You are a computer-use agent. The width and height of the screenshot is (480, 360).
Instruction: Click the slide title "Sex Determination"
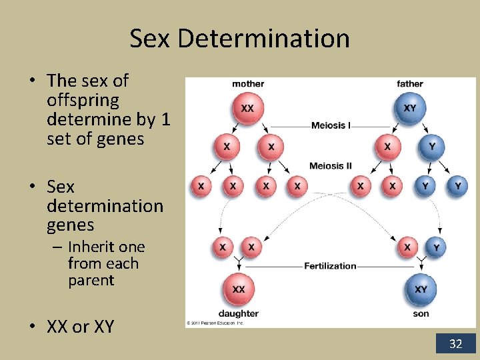click(239, 38)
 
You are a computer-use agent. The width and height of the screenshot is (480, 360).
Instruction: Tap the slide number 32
click(456, 344)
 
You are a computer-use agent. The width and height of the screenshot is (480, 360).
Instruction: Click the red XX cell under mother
click(247, 108)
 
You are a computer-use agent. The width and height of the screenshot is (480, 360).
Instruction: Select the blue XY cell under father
click(409, 108)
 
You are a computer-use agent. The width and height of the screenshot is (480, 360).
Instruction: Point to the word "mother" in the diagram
click(248, 84)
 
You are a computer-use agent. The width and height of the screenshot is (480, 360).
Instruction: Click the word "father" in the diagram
click(409, 84)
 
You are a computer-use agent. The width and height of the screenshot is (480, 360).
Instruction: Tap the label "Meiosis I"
click(331, 125)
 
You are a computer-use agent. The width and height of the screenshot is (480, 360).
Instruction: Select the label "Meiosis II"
click(331, 165)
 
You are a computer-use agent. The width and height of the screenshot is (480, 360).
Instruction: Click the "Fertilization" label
click(330, 265)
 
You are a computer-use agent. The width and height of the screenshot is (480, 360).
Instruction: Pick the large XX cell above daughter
click(239, 289)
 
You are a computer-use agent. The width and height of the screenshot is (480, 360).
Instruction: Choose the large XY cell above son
click(421, 289)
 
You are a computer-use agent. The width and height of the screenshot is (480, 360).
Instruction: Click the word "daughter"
click(238, 313)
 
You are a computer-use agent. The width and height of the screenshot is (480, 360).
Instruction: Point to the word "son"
click(421, 313)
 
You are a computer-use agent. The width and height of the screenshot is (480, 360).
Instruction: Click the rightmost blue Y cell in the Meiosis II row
click(457, 186)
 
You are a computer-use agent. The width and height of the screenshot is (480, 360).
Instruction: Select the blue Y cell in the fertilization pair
click(436, 247)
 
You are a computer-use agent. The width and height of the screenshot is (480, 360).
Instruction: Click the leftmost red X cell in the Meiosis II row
click(201, 186)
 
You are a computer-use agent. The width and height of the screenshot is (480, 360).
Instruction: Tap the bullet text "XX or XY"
click(80, 327)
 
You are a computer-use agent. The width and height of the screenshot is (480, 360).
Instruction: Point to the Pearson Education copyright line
click(215, 323)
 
